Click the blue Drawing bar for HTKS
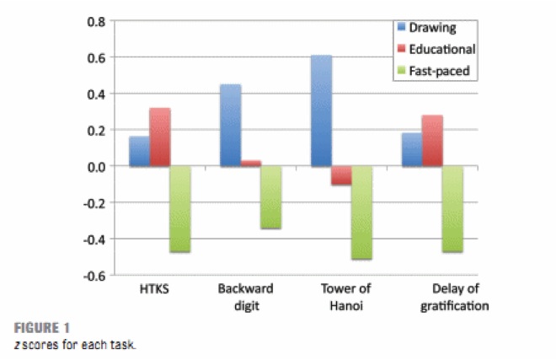tap(139, 152)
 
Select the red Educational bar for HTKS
tap(160, 137)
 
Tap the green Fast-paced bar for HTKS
tap(180, 209)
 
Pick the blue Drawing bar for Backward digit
tap(230, 126)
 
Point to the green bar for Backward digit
tap(271, 197)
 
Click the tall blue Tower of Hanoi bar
tap(321, 110)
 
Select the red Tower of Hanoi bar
tap(341, 175)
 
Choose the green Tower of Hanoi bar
tap(362, 212)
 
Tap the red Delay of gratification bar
tap(432, 141)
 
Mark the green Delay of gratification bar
tap(453, 209)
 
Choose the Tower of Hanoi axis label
tap(341, 297)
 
